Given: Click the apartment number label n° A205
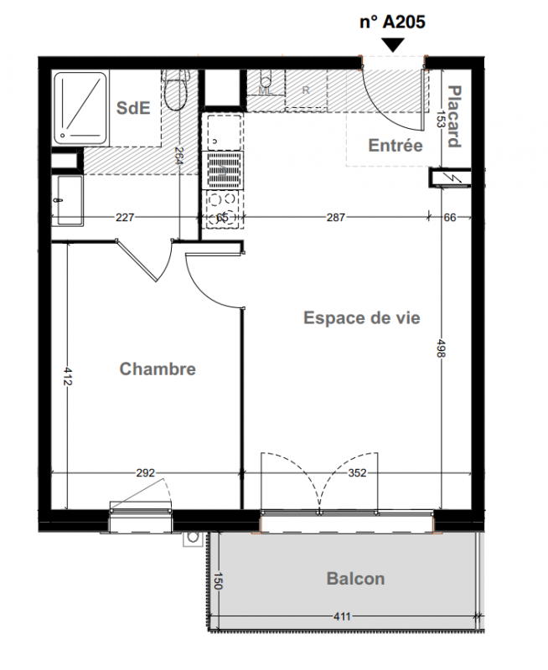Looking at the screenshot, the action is coord(392,22).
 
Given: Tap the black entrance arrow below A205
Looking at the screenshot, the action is coord(393,45).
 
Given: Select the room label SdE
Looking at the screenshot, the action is coord(133,108).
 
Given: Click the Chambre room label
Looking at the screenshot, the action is coord(158,369).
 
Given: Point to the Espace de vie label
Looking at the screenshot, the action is coord(362,318).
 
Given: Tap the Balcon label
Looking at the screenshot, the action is coord(355,579).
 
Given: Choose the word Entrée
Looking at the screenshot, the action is coord(395,145).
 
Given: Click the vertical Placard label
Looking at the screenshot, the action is coord(454,116).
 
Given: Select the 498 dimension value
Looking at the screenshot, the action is coord(441,348).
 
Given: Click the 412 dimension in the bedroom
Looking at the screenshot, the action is coord(68,375).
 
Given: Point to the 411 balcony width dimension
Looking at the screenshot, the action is coord(342,616).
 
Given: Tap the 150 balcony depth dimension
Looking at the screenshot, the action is coord(218,581).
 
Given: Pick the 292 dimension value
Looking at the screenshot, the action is coord(145,473).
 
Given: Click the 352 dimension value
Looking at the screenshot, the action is coord(357,473).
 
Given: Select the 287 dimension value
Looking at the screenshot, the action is coord(335,218).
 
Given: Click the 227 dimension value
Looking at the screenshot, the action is coord(125,218).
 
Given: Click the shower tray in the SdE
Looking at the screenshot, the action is coord(80,108).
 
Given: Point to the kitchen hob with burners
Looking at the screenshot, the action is coord(222,209).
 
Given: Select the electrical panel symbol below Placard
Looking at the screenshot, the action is coord(450,178).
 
